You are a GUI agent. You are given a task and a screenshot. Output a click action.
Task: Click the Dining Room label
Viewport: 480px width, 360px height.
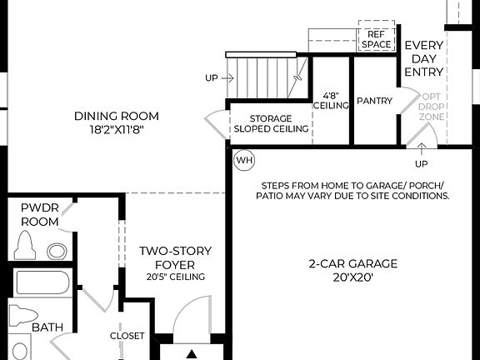(116, 116)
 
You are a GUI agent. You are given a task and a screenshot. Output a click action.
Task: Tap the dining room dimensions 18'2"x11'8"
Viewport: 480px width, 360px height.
(116, 129)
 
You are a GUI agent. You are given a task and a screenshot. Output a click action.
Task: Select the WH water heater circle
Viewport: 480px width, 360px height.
(244, 159)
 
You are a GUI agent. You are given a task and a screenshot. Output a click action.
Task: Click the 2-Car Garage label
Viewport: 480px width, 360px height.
(352, 264)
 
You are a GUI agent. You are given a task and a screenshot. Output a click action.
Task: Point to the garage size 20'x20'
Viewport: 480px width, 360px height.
(352, 277)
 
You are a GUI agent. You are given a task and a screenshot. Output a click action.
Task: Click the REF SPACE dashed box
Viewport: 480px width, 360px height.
(376, 37)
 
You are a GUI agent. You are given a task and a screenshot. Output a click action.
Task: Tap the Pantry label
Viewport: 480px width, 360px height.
(374, 101)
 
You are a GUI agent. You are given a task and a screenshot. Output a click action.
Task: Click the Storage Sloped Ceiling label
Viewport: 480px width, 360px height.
(271, 123)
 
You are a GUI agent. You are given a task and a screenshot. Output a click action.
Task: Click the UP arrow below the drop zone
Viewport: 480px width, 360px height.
(422, 155)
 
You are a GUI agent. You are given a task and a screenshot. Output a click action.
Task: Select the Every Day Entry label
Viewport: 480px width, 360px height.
(424, 59)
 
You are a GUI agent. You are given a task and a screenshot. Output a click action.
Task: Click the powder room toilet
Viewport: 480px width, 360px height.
(25, 246)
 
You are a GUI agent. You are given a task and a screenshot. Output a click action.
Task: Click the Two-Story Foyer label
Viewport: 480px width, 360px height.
(175, 257)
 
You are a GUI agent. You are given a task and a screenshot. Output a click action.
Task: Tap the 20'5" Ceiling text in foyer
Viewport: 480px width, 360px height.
(175, 277)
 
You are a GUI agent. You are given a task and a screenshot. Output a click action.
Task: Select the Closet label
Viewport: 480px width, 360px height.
(127, 336)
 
